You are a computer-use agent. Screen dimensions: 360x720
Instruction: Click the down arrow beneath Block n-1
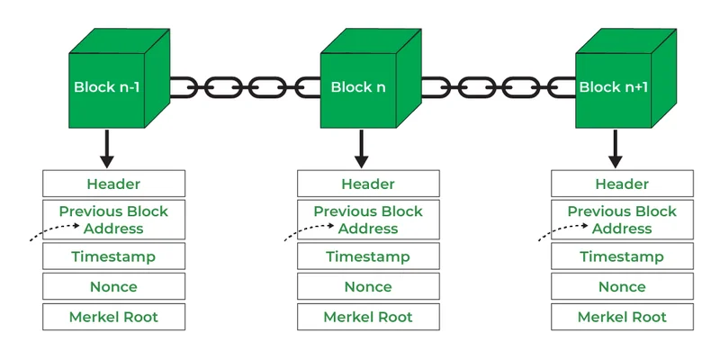107,148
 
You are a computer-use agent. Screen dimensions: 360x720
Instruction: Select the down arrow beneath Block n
361,148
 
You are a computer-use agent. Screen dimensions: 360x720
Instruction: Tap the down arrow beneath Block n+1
616,148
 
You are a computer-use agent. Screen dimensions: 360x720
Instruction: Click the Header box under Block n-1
113,184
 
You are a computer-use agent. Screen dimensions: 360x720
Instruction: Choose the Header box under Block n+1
622,184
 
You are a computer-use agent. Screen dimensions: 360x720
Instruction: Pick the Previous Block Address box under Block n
368,220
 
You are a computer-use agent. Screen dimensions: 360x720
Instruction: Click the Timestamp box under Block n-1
113,256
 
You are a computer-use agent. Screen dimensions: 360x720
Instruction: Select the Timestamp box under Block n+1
622,256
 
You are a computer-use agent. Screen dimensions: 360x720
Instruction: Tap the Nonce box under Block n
368,286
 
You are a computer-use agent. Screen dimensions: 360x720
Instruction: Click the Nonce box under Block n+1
622,286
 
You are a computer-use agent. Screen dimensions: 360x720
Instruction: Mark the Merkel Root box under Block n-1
113,317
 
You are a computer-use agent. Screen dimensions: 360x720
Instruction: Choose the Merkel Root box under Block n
368,317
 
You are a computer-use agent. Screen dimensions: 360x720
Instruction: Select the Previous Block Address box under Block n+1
622,220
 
